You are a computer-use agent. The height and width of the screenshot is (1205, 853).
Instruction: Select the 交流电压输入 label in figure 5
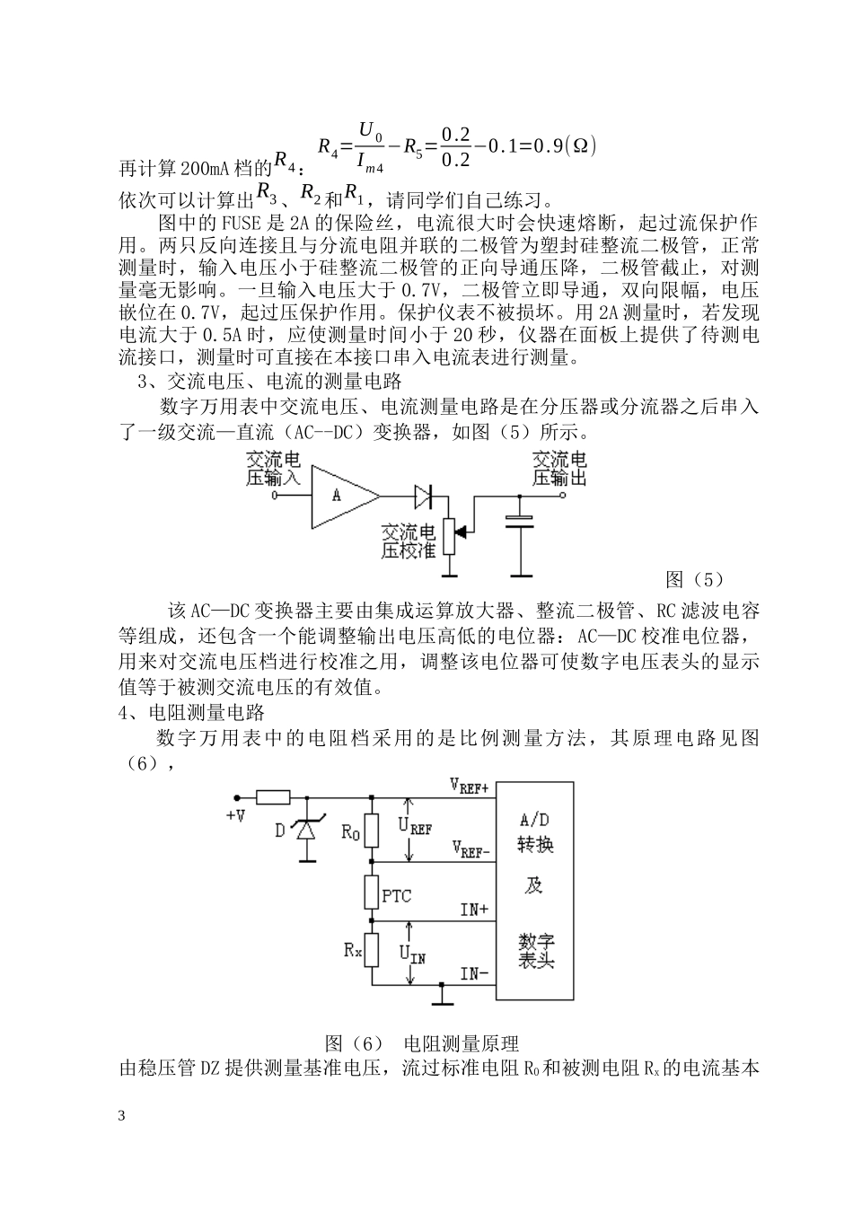click(x=274, y=469)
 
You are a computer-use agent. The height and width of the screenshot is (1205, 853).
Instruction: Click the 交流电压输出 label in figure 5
click(x=559, y=469)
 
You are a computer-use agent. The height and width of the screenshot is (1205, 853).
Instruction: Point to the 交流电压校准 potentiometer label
click(x=409, y=541)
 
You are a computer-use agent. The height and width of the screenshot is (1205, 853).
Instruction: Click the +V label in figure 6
click(x=236, y=815)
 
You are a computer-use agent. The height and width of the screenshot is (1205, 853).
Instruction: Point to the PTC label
click(x=398, y=895)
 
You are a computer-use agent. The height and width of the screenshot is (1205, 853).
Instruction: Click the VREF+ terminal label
click(x=470, y=787)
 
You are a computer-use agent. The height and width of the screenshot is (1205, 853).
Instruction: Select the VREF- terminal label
click(x=470, y=848)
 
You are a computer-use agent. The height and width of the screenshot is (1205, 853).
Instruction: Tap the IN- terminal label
click(x=474, y=972)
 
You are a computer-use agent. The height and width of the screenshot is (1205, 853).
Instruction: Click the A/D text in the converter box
click(x=536, y=819)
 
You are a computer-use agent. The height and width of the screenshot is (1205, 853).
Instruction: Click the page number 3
click(x=122, y=1116)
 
